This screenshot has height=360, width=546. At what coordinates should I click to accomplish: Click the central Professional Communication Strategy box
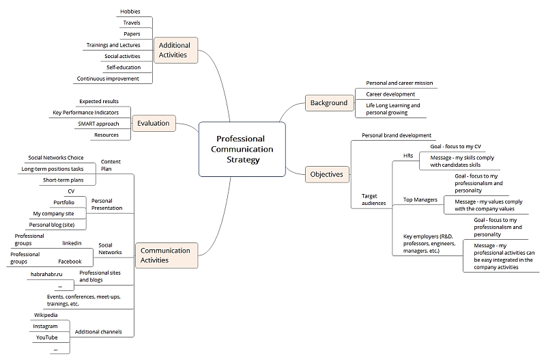[x=242, y=149]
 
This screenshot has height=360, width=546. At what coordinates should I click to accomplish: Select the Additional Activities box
[x=175, y=50]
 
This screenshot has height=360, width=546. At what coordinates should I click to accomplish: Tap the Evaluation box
[x=154, y=124]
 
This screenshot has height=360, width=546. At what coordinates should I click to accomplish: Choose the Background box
[x=330, y=102]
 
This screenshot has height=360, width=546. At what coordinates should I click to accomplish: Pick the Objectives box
[x=327, y=174]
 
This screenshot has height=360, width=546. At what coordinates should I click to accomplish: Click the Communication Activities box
[x=166, y=255]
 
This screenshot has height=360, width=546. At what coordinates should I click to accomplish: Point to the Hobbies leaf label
[x=130, y=12]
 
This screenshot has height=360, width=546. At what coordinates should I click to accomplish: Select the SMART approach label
[x=98, y=124]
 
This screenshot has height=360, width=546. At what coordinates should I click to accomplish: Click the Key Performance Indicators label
[x=86, y=113]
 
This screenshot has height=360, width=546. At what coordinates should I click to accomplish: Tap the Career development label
[x=390, y=94]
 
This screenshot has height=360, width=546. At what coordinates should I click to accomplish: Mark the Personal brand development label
[x=397, y=135]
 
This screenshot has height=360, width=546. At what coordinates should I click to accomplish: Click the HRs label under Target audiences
[x=408, y=156]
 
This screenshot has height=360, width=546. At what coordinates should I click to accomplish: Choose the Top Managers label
[x=420, y=199]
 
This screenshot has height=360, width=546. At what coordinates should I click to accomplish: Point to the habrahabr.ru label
[x=46, y=274]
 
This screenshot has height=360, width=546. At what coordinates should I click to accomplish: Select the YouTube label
[x=46, y=337]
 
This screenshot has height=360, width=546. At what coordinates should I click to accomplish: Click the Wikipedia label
[x=46, y=315]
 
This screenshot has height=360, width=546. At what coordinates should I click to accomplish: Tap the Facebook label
[x=70, y=262]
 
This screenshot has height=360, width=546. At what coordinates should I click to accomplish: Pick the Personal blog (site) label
[x=52, y=225]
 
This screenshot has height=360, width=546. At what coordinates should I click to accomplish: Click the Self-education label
[x=124, y=67]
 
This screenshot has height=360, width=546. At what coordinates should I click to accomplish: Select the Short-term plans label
[x=63, y=180]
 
